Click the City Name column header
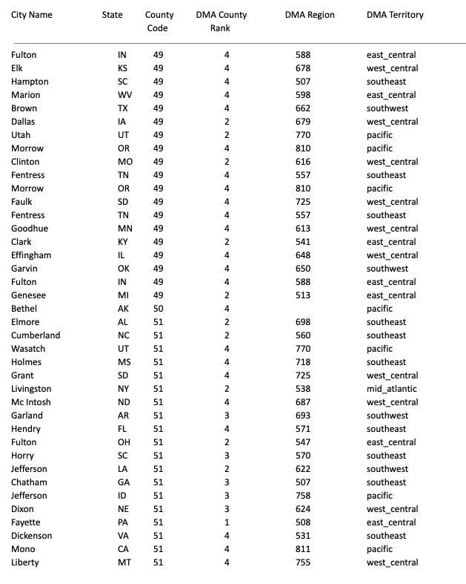click(32, 15)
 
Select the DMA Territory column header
click(395, 15)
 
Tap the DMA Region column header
click(310, 15)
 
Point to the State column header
click(113, 15)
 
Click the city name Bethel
click(24, 309)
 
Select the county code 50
click(159, 309)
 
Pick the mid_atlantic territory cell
click(391, 389)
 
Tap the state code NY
click(122, 389)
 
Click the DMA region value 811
click(302, 549)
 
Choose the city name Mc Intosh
click(32, 402)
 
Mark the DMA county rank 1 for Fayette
click(227, 522)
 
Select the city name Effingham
click(31, 255)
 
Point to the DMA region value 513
click(302, 295)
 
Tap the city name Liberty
click(25, 562)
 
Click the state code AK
click(122, 309)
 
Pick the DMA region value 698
click(302, 322)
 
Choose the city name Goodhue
click(30, 229)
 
